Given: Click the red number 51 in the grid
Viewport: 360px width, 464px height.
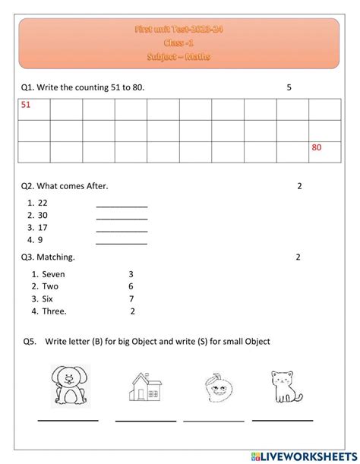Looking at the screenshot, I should coord(26,106).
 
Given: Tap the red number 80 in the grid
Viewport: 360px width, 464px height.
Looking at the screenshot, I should coord(317,147).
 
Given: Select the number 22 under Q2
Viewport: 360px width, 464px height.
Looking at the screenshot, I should coord(43,203).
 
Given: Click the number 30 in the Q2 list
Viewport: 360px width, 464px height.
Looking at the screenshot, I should coord(43,215).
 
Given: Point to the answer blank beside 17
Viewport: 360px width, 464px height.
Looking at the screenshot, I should coord(122,230).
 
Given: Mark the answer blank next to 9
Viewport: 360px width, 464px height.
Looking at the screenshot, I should coord(122,243).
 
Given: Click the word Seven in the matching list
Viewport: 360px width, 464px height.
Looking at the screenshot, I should coord(53,274).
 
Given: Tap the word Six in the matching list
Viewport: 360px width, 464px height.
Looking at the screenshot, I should coord(48,298).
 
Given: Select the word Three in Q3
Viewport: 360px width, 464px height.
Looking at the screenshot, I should coord(54,311).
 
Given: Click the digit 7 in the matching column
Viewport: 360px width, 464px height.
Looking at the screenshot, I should coord(131,298).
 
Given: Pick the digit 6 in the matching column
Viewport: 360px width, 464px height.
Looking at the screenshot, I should coord(131,286).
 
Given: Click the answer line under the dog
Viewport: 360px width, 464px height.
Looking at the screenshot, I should coord(68,420).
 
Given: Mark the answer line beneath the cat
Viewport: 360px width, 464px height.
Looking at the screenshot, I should coord(283,420).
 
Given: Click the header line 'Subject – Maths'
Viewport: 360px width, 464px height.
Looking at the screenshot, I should coord(179,57).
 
